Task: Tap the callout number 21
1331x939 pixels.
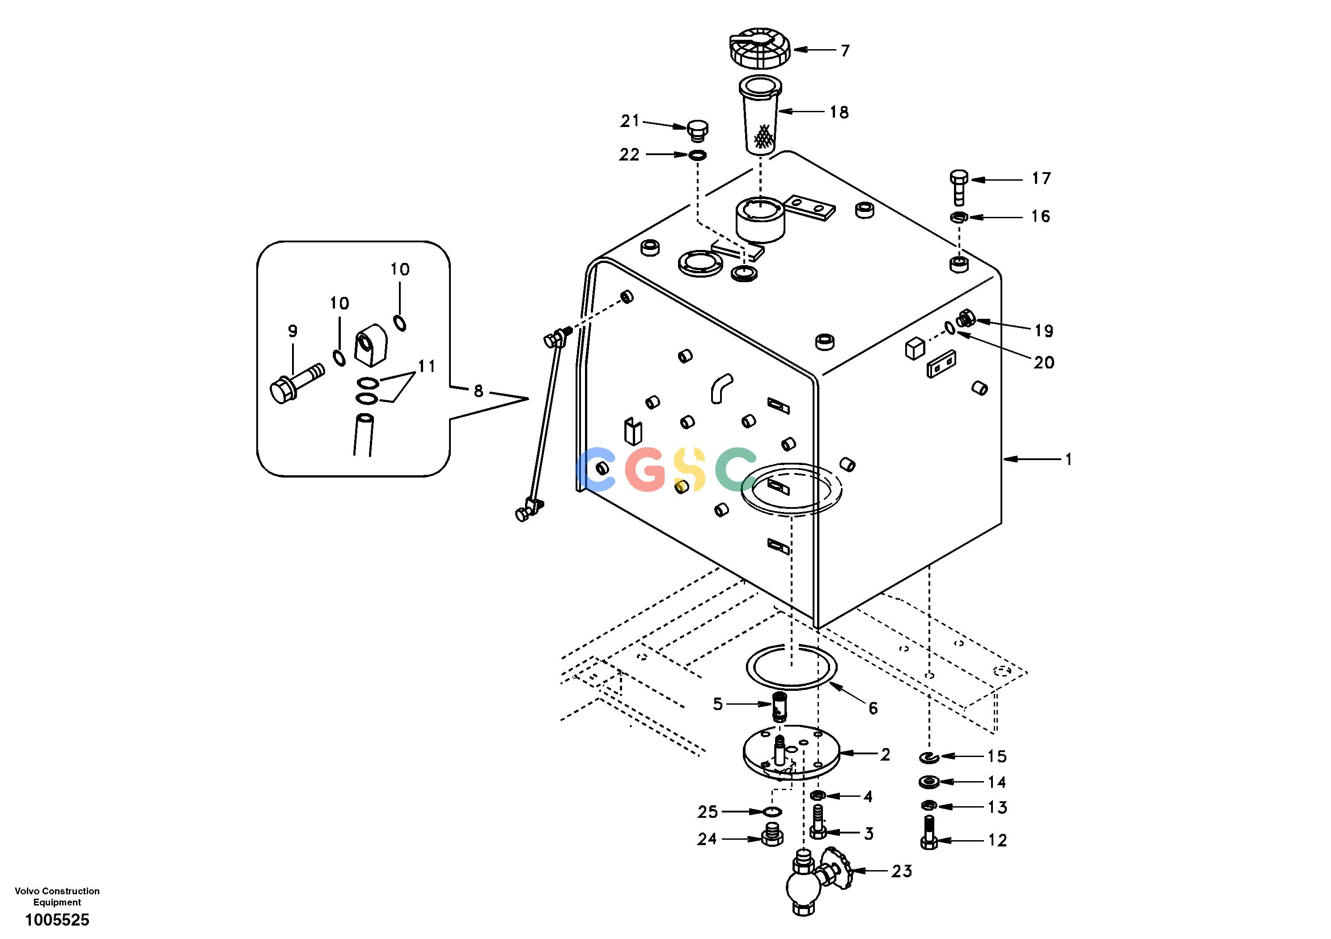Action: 630,121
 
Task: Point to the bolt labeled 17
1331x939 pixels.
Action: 959,187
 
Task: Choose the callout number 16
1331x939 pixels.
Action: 1041,216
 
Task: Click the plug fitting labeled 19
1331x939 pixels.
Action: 966,319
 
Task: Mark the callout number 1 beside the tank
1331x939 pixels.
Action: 1068,459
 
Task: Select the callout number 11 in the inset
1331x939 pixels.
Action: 427,366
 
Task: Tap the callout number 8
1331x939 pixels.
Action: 478,391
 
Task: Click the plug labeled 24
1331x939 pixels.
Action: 771,834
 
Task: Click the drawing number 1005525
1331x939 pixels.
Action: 57,920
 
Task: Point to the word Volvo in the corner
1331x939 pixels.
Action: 27,891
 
